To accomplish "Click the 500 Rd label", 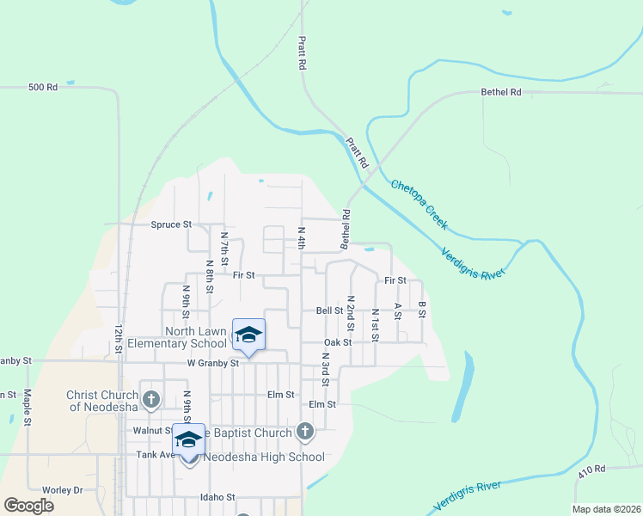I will [x=42, y=87].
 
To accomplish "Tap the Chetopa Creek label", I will [x=419, y=204].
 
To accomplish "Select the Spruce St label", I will [x=171, y=224].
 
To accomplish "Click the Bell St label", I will [x=329, y=310].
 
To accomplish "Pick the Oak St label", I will [x=338, y=341].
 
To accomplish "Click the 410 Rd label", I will [x=591, y=470].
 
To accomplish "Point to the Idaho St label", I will [x=217, y=497].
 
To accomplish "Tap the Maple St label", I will [x=28, y=408].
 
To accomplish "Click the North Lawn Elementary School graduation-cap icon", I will [x=248, y=334].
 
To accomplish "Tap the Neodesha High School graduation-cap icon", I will [x=188, y=439].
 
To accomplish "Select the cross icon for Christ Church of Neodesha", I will [x=151, y=399].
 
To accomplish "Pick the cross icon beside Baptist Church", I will [x=304, y=431].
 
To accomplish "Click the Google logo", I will [x=28, y=506].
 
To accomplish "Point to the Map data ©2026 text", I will [x=606, y=509].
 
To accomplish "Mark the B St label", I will [x=422, y=310].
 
